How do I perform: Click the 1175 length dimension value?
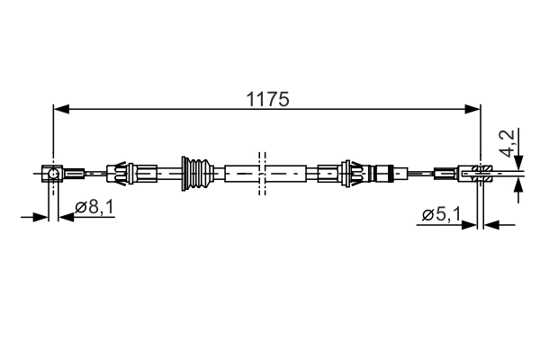coord(267,100)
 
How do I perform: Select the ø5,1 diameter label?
coord(441,214)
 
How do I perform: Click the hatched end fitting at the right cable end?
coord(481,172)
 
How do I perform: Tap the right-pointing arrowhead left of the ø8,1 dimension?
coord(41,216)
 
